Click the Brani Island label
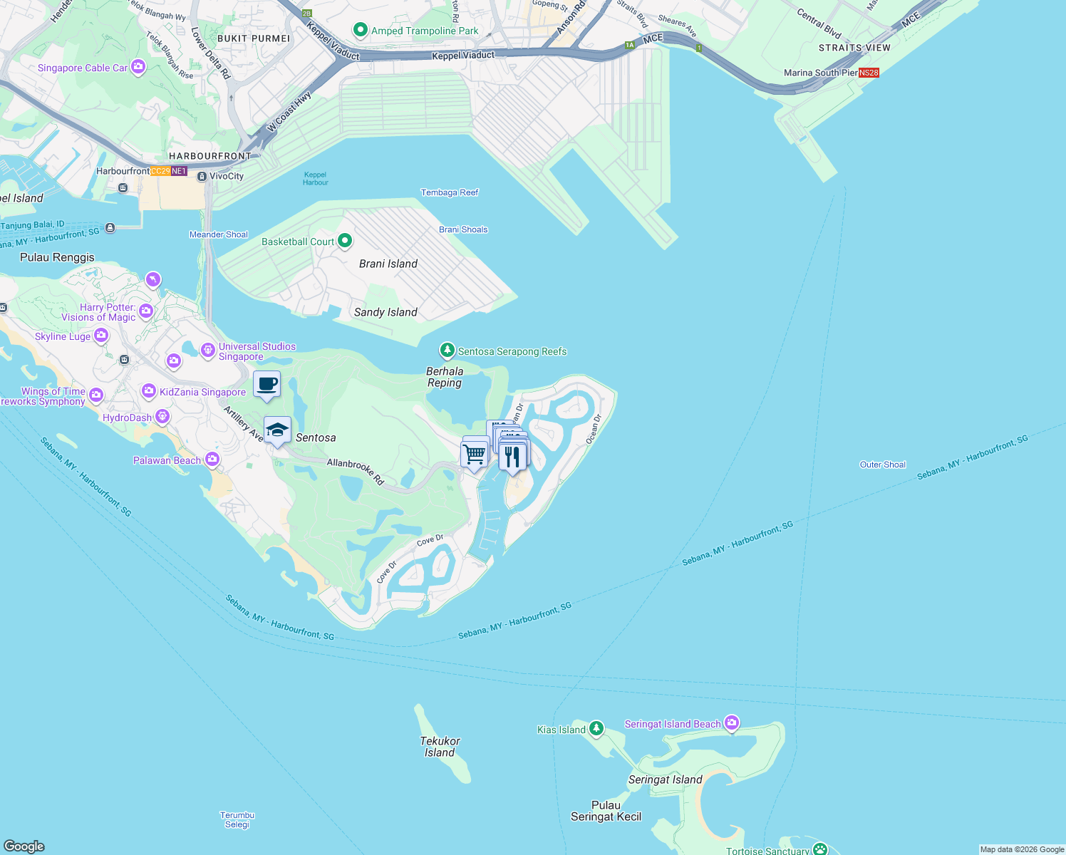click(x=388, y=264)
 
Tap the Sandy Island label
click(x=385, y=312)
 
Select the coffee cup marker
click(x=267, y=385)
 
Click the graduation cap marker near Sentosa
click(x=277, y=430)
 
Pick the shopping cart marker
click(x=475, y=453)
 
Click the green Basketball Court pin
click(x=345, y=241)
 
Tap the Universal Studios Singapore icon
click(x=208, y=350)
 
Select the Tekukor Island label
click(x=440, y=747)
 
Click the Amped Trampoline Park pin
click(x=361, y=30)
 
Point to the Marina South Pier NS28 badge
click(x=869, y=73)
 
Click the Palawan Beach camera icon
click(x=212, y=460)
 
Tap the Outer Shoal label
click(x=883, y=465)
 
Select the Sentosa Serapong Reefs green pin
click(x=447, y=350)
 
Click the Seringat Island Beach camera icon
click(x=732, y=723)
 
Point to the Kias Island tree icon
click(x=596, y=729)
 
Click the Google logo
click(x=24, y=846)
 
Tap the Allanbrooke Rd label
click(x=356, y=472)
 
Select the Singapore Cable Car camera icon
click(x=138, y=67)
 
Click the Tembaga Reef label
click(x=450, y=192)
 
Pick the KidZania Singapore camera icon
click(x=149, y=390)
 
